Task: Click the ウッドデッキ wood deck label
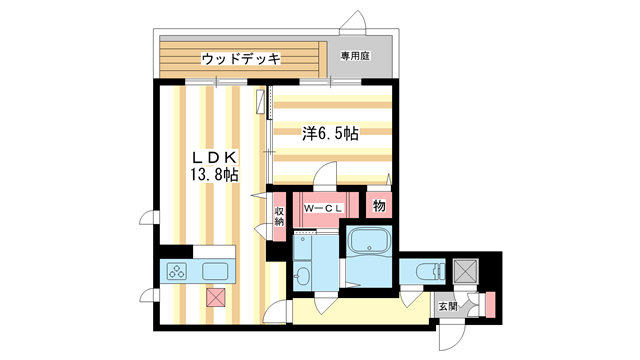point(240,58)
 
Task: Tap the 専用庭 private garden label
point(355,56)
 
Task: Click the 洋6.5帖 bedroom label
point(331,133)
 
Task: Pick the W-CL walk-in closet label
point(325,208)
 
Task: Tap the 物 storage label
point(379,206)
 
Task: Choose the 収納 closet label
point(279,214)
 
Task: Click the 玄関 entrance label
point(447,305)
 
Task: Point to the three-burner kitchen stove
point(176,271)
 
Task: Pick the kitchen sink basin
point(217,271)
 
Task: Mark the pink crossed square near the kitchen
point(214,296)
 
